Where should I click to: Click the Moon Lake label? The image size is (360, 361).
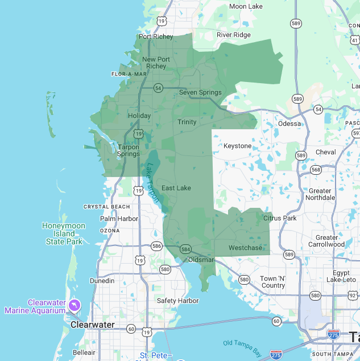246,6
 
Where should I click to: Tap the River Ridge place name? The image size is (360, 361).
233,35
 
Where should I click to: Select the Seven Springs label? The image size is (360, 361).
200,92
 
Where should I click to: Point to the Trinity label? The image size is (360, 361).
187,122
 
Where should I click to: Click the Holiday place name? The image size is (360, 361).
139,116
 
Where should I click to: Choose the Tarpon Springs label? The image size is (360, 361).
129,150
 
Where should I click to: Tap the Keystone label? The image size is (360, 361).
237,146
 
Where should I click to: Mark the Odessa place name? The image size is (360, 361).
289,124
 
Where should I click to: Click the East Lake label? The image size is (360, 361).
176,188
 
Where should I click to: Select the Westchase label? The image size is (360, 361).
246,248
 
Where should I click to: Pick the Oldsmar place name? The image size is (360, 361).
201,260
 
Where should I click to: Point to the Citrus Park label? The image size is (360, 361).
280,218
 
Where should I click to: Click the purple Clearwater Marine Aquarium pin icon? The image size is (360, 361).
74,306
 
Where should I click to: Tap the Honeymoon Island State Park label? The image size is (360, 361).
64,233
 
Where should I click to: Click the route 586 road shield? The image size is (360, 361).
156,246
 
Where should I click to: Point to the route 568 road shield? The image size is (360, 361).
316,170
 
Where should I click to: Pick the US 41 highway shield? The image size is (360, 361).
355,40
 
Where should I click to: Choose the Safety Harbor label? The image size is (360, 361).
177,301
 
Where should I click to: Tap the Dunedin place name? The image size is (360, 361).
102,281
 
